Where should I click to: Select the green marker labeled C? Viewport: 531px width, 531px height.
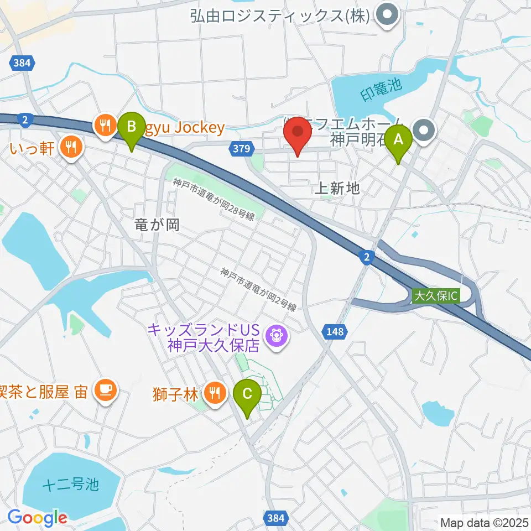pos(247,395)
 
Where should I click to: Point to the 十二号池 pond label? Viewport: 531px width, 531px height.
pos(70,485)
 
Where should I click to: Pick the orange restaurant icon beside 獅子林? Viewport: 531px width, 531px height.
pos(214,393)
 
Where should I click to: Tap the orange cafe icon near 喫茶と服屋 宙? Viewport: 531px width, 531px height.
pos(105,391)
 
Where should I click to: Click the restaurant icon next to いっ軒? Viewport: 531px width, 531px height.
pos(70,147)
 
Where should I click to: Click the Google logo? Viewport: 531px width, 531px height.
pos(37,518)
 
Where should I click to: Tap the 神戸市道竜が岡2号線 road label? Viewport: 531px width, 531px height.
pos(258,289)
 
